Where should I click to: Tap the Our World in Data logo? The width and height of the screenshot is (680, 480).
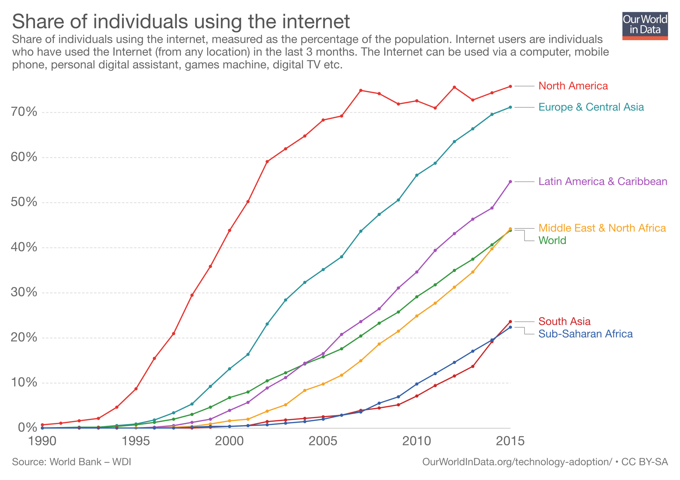645,26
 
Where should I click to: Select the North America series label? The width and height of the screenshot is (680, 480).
573,86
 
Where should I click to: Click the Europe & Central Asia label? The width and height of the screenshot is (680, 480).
591,107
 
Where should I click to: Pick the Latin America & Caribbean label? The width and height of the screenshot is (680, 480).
602,182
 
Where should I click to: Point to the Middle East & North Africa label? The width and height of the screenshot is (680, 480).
602,228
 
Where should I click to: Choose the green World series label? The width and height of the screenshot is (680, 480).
552,241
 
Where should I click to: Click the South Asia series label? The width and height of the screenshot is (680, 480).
564,322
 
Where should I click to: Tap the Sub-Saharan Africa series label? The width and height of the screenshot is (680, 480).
585,334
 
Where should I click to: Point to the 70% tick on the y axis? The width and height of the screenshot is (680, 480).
24,112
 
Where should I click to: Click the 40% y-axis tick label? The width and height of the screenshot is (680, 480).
24,247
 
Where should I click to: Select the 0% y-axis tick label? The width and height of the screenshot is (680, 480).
27,428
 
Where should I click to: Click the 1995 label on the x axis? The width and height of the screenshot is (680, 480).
136,441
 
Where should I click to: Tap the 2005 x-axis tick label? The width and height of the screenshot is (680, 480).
323,441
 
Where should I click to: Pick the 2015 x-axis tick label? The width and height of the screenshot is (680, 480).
510,441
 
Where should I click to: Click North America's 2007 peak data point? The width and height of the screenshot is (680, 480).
360,90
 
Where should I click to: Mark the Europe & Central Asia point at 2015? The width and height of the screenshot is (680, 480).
510,107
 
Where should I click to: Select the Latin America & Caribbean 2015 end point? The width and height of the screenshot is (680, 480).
510,182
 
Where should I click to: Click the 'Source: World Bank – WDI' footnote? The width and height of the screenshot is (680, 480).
71,462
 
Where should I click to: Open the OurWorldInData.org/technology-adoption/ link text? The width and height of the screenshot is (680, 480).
517,462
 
